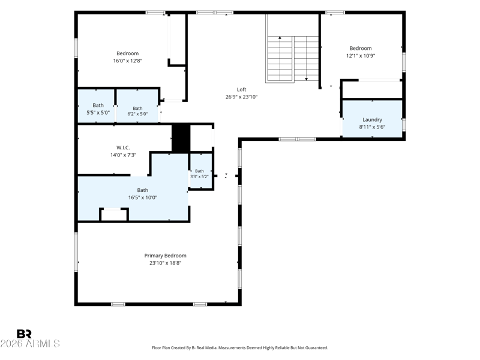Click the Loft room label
(x=241, y=89)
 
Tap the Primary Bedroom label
(x=166, y=256)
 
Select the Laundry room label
(x=372, y=119)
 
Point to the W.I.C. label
(x=123, y=148)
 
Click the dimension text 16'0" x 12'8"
(x=128, y=61)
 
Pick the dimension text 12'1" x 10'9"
(x=361, y=56)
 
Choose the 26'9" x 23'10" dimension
(x=242, y=97)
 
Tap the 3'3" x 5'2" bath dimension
(x=199, y=176)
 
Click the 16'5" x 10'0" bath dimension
(x=143, y=197)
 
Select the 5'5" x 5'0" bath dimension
(x=98, y=112)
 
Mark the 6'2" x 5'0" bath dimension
(x=137, y=114)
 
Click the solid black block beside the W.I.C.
(x=181, y=138)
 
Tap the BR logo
(x=24, y=334)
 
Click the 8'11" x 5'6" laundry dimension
(x=372, y=127)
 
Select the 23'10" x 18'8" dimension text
(x=166, y=263)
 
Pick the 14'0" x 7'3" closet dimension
(x=123, y=155)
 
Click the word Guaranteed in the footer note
(x=317, y=348)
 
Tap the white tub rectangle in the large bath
(x=113, y=215)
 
